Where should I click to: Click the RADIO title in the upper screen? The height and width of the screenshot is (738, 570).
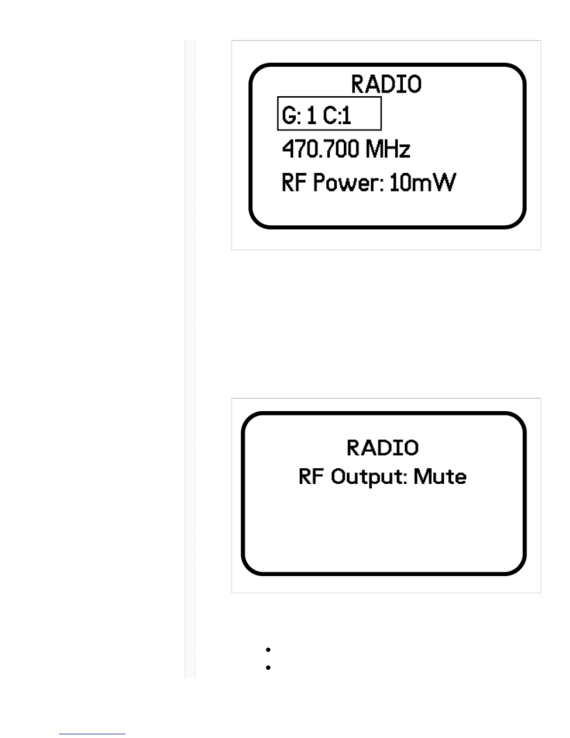pyautogui.click(x=386, y=84)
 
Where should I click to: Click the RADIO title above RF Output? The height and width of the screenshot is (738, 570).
pyautogui.click(x=382, y=448)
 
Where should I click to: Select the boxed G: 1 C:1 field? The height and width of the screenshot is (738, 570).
pyautogui.click(x=329, y=114)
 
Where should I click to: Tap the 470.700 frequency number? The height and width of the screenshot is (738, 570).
pyautogui.click(x=321, y=150)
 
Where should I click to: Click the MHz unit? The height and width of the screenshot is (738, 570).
pyautogui.click(x=388, y=150)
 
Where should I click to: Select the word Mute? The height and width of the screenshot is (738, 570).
pyautogui.click(x=440, y=477)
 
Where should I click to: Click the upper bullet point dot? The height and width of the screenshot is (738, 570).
pyautogui.click(x=268, y=649)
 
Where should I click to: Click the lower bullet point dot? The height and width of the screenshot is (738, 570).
pyautogui.click(x=268, y=667)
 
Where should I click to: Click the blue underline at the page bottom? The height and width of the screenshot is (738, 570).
pyautogui.click(x=92, y=734)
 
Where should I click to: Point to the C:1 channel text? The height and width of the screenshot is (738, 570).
pyautogui.click(x=337, y=115)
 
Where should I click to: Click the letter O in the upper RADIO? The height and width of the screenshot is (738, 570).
pyautogui.click(x=414, y=84)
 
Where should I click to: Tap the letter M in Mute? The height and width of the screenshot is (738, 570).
pyautogui.click(x=422, y=477)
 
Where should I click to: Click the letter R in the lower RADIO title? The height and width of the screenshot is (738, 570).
pyautogui.click(x=354, y=448)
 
